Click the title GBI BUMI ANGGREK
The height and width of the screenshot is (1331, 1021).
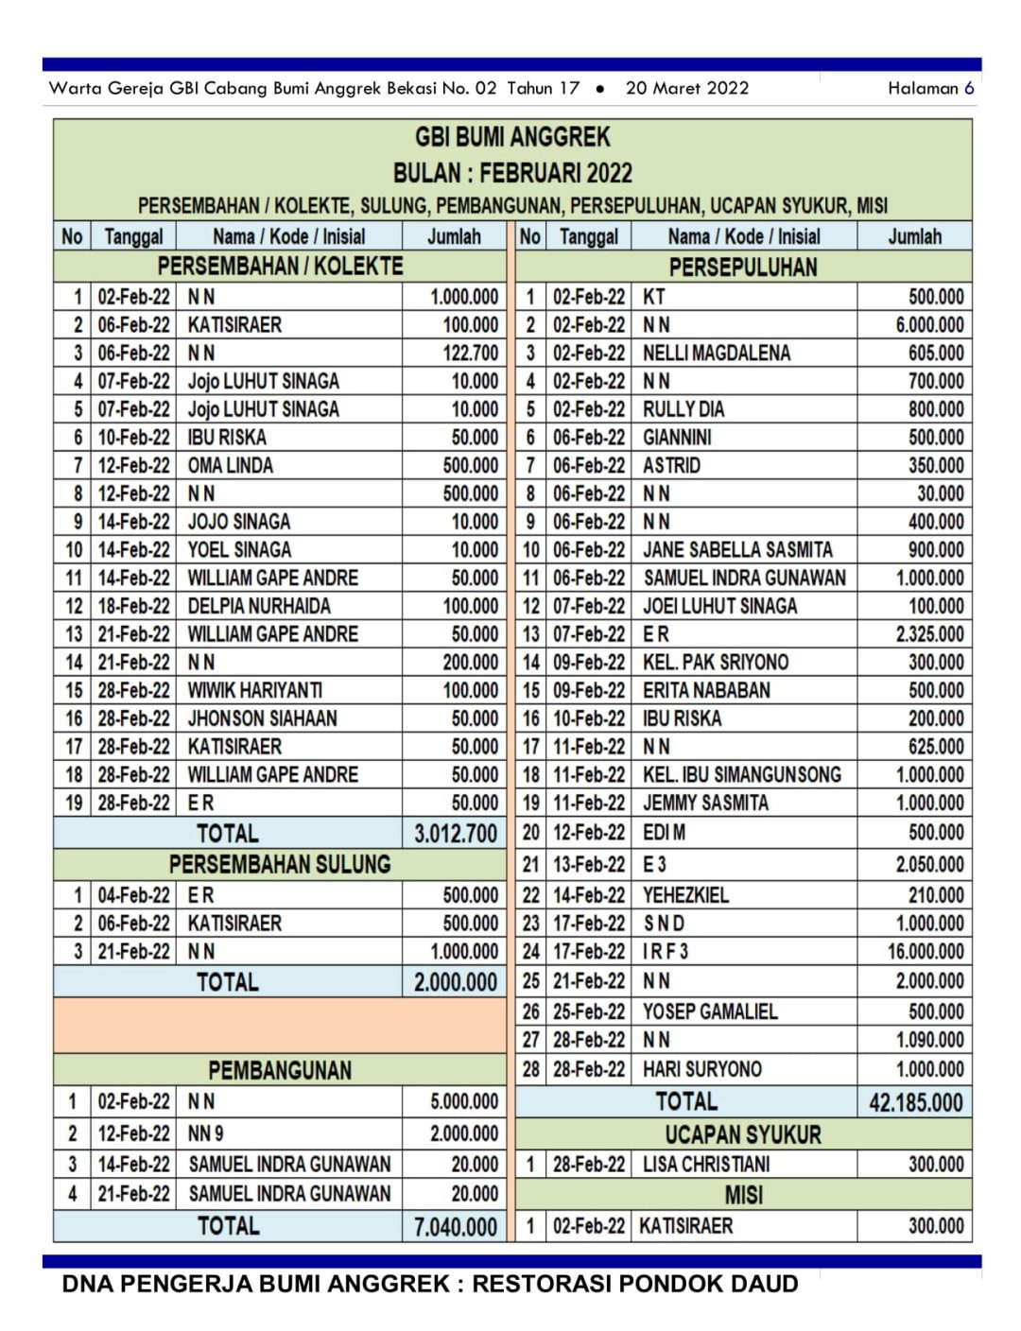pos(512,137)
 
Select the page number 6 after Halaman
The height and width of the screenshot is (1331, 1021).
pos(969,88)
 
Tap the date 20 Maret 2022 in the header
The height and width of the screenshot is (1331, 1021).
pos(687,88)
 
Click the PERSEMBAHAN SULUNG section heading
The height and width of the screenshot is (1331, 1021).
pos(280,864)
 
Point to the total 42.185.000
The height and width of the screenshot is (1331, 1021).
pos(915,1102)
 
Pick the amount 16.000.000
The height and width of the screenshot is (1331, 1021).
pos(925,952)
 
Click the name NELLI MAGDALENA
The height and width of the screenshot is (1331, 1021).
pos(717,354)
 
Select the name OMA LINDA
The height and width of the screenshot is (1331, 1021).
pos(230,466)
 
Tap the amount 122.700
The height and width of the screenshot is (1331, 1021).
pos(470,354)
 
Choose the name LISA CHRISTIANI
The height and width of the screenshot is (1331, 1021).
pos(706,1165)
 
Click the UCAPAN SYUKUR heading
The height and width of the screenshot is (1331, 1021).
pos(743,1134)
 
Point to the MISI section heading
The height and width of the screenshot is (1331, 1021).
pos(743,1195)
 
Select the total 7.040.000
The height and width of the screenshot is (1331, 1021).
pos(455,1227)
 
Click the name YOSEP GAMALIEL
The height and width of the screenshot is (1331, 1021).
pos(710,1011)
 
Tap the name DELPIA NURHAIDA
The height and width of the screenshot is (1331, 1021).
pos(259,606)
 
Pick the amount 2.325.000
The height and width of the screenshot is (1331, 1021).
pos(929,634)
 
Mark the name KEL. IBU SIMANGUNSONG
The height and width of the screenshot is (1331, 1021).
pos(742,775)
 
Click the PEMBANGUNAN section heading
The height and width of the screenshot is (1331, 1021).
pos(280,1070)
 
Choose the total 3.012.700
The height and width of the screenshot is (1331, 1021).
pos(455,834)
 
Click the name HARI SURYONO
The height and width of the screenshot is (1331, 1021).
pos(702,1069)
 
